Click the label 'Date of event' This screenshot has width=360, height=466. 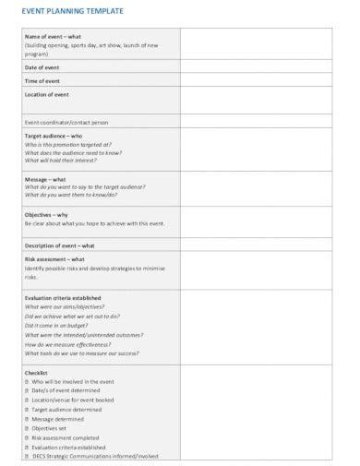click(42, 68)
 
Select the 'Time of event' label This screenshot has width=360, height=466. click(42, 81)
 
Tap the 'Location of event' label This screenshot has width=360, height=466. click(47, 94)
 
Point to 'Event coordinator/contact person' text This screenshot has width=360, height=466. click(66, 121)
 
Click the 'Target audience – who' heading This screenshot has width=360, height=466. click(52, 135)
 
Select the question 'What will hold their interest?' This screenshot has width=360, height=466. click(63, 161)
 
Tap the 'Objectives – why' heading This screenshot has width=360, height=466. click(48, 214)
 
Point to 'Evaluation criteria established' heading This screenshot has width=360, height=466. click(63, 298)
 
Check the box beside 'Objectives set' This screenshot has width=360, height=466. click(27, 428)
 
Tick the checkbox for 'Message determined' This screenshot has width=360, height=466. click(27, 418)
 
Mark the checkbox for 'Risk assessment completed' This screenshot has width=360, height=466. click(27, 437)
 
